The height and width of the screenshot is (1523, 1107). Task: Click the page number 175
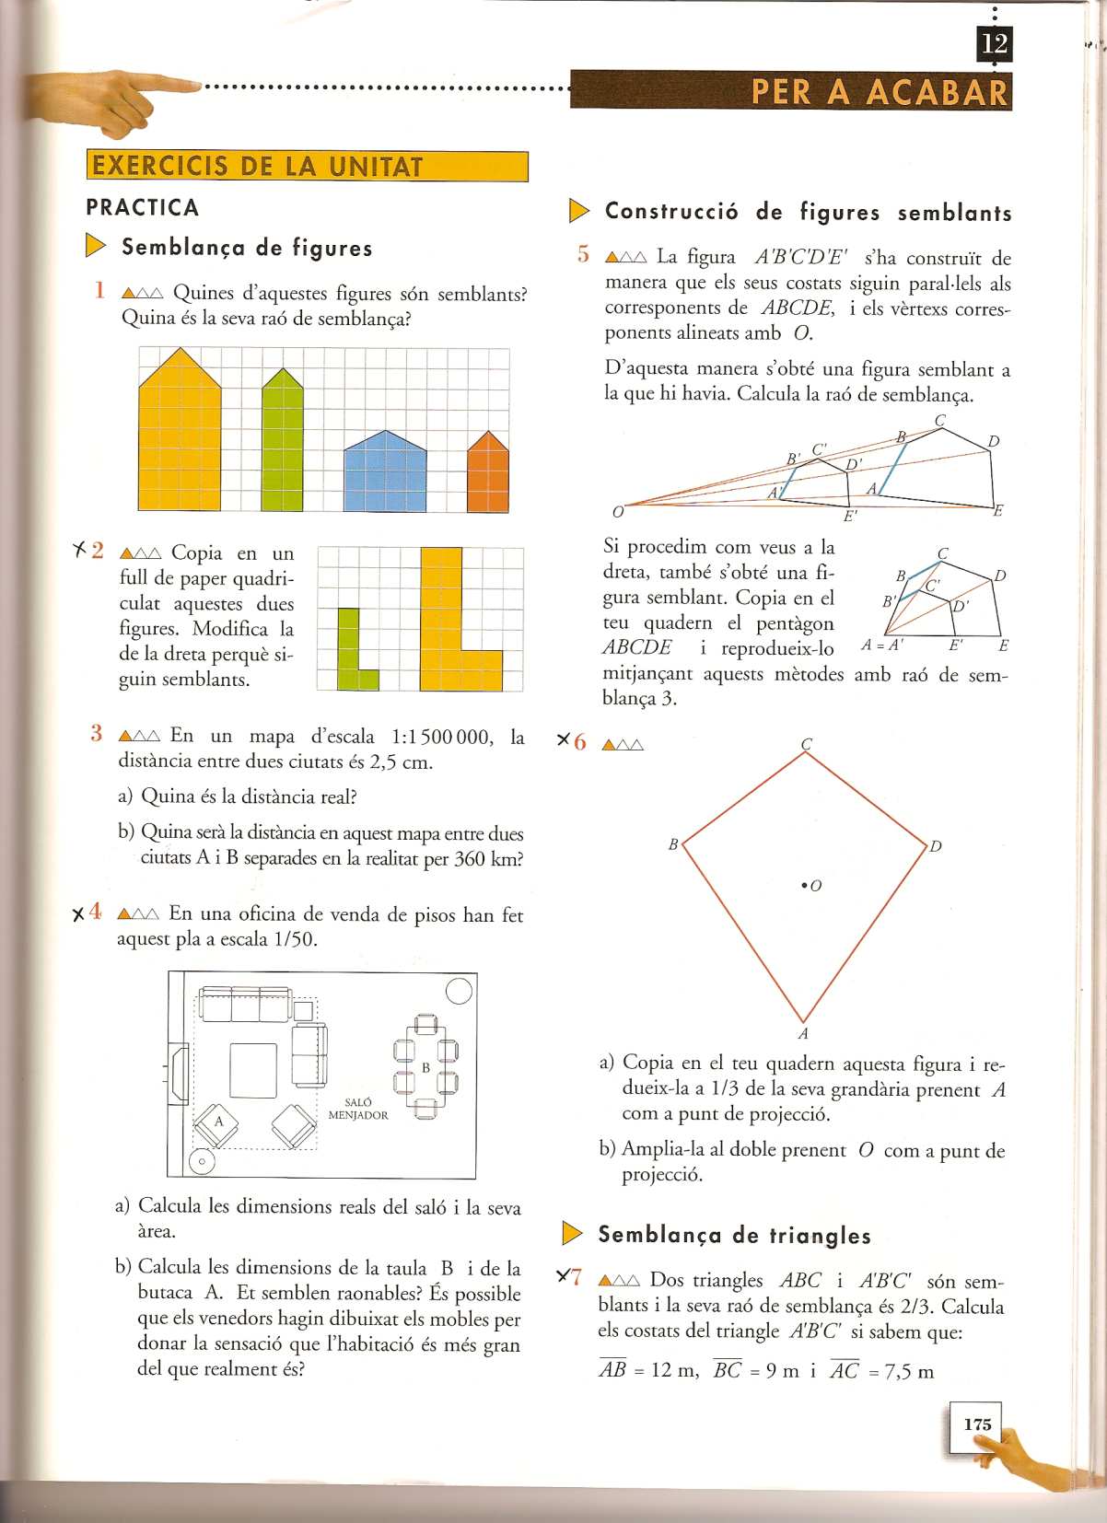coord(976,1424)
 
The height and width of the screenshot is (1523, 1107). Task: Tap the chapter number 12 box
coord(994,43)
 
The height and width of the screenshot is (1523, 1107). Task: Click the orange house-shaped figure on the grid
coord(487,474)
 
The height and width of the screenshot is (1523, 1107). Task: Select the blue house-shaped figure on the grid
coord(386,472)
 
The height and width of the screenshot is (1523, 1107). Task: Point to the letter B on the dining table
coord(425,1067)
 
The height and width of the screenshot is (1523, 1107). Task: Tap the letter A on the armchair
coord(219,1122)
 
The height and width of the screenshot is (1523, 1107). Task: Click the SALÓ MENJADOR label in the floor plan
coord(358,1109)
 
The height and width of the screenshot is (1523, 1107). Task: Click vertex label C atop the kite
coord(806,743)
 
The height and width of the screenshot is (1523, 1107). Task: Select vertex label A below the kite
coord(803,1034)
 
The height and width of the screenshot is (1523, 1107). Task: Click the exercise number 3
coord(97,734)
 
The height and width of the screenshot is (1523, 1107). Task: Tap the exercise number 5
coord(582,254)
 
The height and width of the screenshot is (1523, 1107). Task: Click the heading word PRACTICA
coord(143,207)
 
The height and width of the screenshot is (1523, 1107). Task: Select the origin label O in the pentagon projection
coord(617,511)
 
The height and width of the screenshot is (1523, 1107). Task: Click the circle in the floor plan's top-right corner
coord(458,991)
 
